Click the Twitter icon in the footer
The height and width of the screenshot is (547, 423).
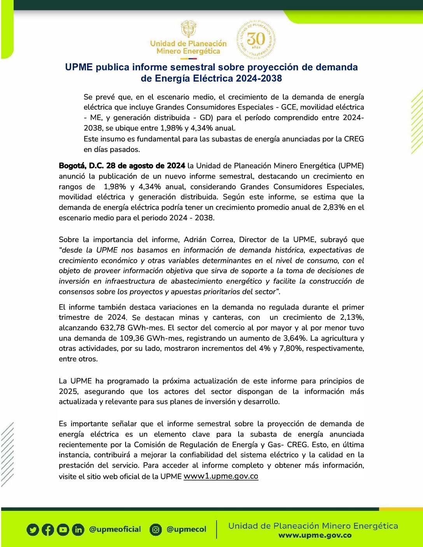point(33,530)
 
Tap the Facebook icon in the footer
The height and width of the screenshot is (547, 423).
point(47,530)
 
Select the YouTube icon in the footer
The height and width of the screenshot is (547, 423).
point(63,530)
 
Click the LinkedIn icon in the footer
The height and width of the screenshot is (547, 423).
point(78,530)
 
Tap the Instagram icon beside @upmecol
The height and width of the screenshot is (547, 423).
point(156,530)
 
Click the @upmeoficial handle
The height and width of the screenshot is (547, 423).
point(115,529)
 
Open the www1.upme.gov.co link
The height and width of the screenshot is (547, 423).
point(221,476)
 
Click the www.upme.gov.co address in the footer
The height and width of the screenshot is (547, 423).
point(315,535)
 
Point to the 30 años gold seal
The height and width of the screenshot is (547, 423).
point(256,39)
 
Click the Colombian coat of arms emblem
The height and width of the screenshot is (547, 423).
point(189,29)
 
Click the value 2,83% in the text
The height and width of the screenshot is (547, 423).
point(334,207)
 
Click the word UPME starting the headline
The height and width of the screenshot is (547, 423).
point(79,67)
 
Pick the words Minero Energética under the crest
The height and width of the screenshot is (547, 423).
point(188,51)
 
